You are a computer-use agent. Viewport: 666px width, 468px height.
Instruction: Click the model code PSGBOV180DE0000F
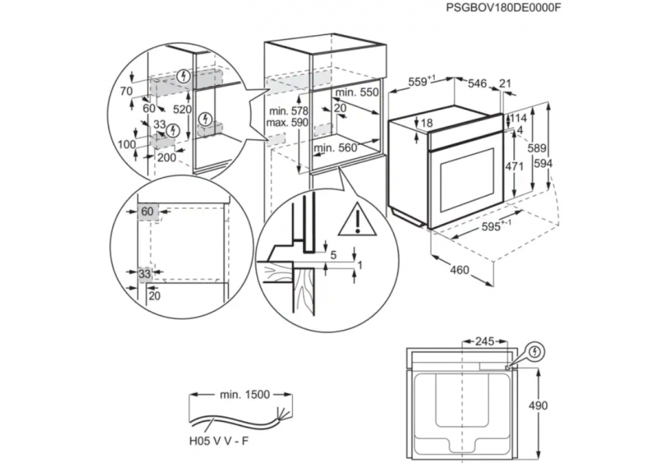click(503, 8)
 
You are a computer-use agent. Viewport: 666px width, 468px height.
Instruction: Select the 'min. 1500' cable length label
click(245, 395)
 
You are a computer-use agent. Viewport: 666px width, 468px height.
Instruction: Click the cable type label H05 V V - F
click(219, 441)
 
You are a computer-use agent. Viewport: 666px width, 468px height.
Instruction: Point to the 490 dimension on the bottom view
click(537, 406)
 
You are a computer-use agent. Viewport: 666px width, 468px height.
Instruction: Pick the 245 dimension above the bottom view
click(485, 341)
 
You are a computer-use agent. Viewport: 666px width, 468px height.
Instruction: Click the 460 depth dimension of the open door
click(459, 270)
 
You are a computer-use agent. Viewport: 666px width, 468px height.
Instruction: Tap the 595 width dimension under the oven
click(495, 226)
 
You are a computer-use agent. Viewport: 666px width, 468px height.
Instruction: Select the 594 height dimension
click(543, 163)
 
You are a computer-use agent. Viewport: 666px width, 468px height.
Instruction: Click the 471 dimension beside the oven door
click(514, 166)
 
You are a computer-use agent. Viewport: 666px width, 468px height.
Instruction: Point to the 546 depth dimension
click(477, 83)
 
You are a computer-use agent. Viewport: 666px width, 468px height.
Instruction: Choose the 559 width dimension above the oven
click(421, 81)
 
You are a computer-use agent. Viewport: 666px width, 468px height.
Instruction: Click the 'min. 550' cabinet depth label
click(356, 92)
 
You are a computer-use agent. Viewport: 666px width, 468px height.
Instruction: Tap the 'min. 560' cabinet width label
click(335, 147)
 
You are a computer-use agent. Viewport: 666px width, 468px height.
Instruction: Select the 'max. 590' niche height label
click(287, 122)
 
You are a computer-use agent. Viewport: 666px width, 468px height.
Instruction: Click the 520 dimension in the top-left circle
click(181, 109)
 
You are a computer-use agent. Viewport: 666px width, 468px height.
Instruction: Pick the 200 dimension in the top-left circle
click(167, 158)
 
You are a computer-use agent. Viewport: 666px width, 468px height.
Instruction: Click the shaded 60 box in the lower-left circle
click(147, 211)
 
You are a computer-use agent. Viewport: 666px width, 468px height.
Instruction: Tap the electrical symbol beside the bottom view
click(536, 352)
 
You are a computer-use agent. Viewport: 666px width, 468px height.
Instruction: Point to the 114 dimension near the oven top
click(518, 118)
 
